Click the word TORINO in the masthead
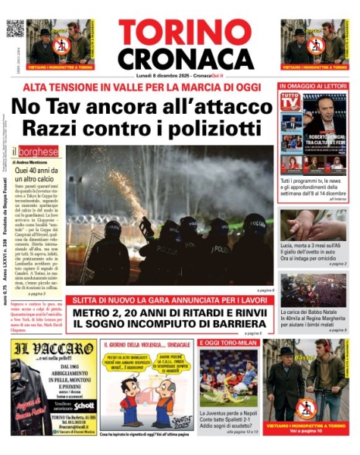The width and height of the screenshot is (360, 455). [x=180, y=32]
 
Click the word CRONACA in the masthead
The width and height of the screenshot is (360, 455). [x=180, y=58]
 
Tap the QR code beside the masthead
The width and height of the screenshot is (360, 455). [x=15, y=29]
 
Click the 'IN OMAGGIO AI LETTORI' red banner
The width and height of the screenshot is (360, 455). [x=312, y=86]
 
